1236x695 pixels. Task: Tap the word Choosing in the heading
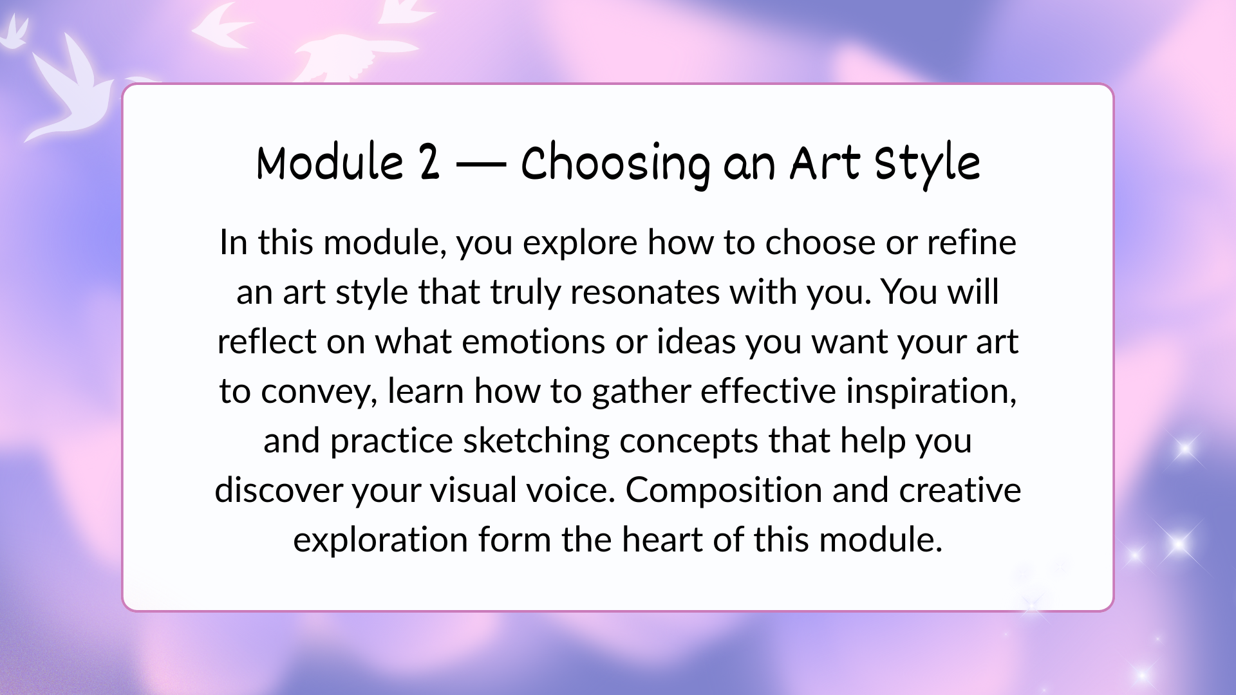[616, 165]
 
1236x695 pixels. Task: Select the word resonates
[644, 293]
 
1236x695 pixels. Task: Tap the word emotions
[533, 342]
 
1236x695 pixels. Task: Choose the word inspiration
[931, 391]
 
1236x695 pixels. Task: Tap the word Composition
[724, 491]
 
